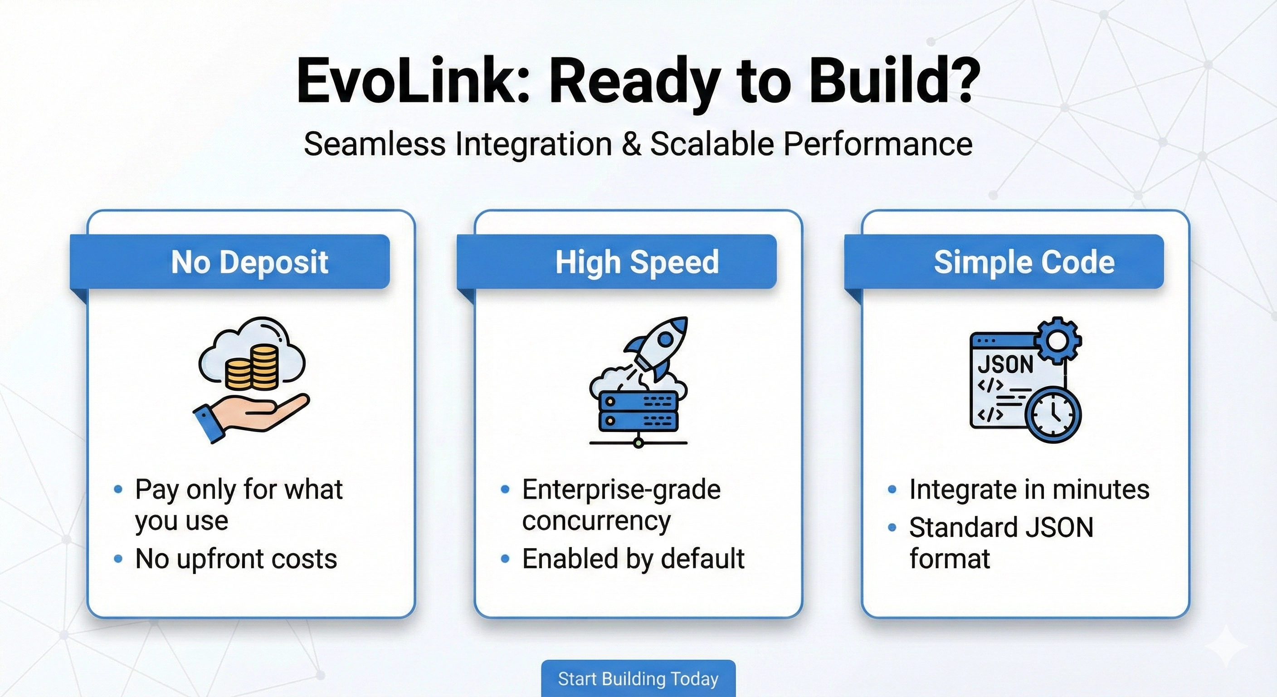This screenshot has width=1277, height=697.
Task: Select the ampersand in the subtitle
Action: pos(631,144)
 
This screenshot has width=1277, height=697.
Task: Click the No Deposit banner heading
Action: pos(249,262)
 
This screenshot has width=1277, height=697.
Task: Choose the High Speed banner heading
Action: pos(637,262)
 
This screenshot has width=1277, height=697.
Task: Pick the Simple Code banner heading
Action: pos(1024,262)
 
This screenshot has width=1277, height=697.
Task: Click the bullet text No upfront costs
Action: pos(236,559)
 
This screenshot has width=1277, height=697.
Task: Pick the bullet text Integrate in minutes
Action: pos(1029,490)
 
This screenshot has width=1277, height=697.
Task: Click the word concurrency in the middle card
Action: pos(596,521)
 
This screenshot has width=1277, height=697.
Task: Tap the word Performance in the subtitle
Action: pos(878,144)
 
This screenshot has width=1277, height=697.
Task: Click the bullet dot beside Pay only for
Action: pos(118,490)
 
